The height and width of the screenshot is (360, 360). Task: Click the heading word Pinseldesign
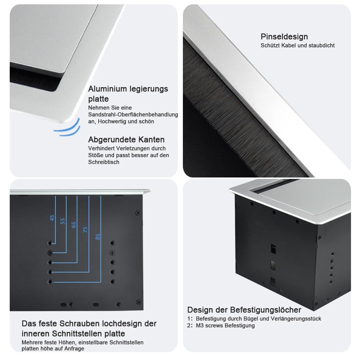pyautogui.click(x=284, y=37)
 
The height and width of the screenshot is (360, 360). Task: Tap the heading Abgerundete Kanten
pyautogui.click(x=126, y=139)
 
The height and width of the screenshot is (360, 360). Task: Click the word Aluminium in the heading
pyautogui.click(x=108, y=89)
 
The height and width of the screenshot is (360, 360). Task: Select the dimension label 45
pyautogui.click(x=52, y=218)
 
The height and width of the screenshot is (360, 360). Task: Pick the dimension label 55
pyautogui.click(x=63, y=221)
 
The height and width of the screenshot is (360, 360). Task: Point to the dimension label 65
pyautogui.click(x=74, y=225)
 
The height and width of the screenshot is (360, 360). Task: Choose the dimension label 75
pyautogui.click(x=85, y=230)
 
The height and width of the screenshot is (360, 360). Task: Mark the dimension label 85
pyautogui.click(x=98, y=237)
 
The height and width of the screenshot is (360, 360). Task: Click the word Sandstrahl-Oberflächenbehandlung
pyautogui.click(x=133, y=114)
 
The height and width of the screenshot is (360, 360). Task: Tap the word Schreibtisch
pyautogui.click(x=104, y=162)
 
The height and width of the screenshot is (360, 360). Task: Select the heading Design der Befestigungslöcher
pyautogui.click(x=244, y=310)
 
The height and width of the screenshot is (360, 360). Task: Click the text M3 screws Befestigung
pyautogui.click(x=225, y=325)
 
